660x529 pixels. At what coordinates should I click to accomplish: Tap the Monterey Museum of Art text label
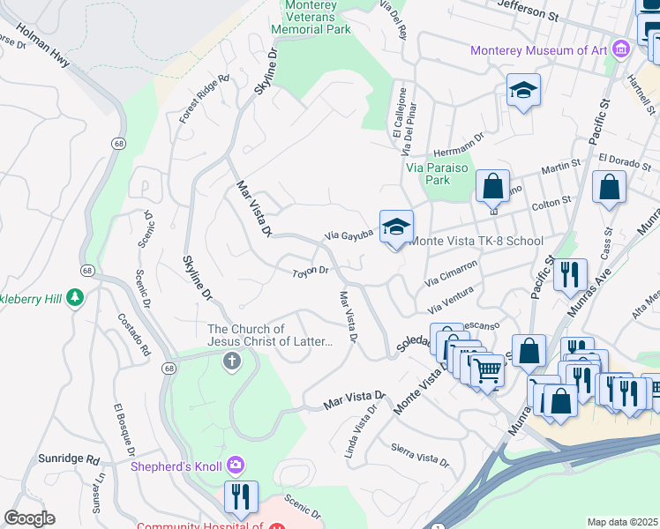pos(538,50)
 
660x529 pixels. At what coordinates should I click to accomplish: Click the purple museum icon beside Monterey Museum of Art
pos(622,49)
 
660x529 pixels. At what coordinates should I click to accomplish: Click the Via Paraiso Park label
pos(428,173)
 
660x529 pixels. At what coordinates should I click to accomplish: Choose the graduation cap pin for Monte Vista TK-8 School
pos(396,227)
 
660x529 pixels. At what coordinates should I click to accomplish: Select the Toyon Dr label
pos(311,272)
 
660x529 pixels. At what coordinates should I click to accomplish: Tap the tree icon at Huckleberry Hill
pos(77,298)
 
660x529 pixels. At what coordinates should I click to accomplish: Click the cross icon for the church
pos(231,360)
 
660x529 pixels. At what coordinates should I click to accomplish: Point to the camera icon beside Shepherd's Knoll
pos(236,465)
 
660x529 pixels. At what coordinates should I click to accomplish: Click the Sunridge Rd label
pos(69,459)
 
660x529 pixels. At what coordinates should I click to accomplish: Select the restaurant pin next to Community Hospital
pos(240,498)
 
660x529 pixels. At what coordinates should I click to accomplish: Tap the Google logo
pos(29,518)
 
